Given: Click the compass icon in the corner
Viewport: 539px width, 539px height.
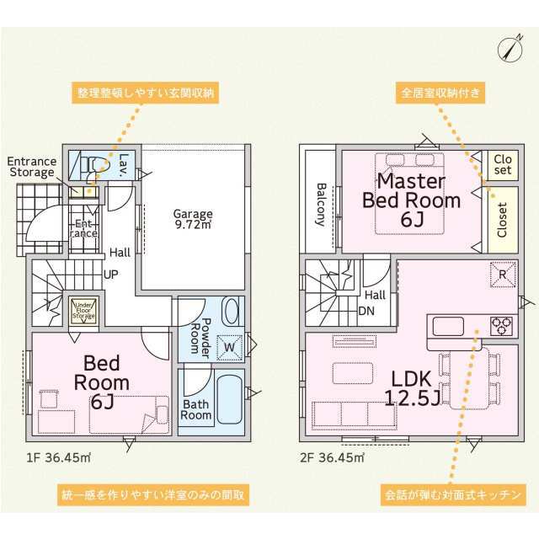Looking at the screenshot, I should point(507,48).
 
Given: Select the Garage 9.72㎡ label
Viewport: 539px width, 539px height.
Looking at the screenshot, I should point(193,220).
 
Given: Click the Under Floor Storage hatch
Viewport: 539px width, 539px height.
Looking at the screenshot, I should point(84,310).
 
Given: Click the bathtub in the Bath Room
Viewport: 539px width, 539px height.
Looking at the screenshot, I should point(229,398).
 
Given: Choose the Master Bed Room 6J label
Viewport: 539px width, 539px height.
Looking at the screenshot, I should point(411,200).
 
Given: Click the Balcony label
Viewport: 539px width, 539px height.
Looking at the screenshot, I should point(321,205).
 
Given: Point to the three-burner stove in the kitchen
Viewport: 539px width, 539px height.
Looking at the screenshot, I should point(502,324).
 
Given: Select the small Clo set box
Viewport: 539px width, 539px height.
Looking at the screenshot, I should point(502,163).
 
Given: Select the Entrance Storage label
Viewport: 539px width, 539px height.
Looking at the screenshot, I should point(31,168).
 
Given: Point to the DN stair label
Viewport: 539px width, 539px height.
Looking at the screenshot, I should point(366,310).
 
